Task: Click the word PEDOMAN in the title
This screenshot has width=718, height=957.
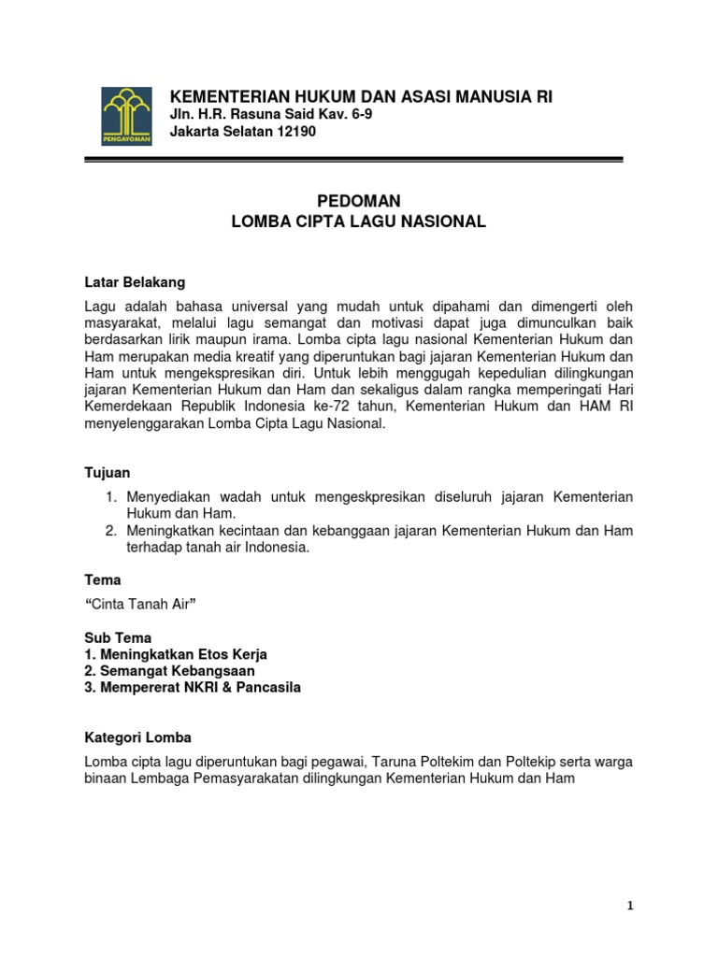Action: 359,201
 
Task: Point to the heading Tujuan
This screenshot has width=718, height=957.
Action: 108,473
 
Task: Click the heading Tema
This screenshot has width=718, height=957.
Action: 103,579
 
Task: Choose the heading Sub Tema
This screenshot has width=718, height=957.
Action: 118,637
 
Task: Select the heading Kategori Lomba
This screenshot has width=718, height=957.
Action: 136,737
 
